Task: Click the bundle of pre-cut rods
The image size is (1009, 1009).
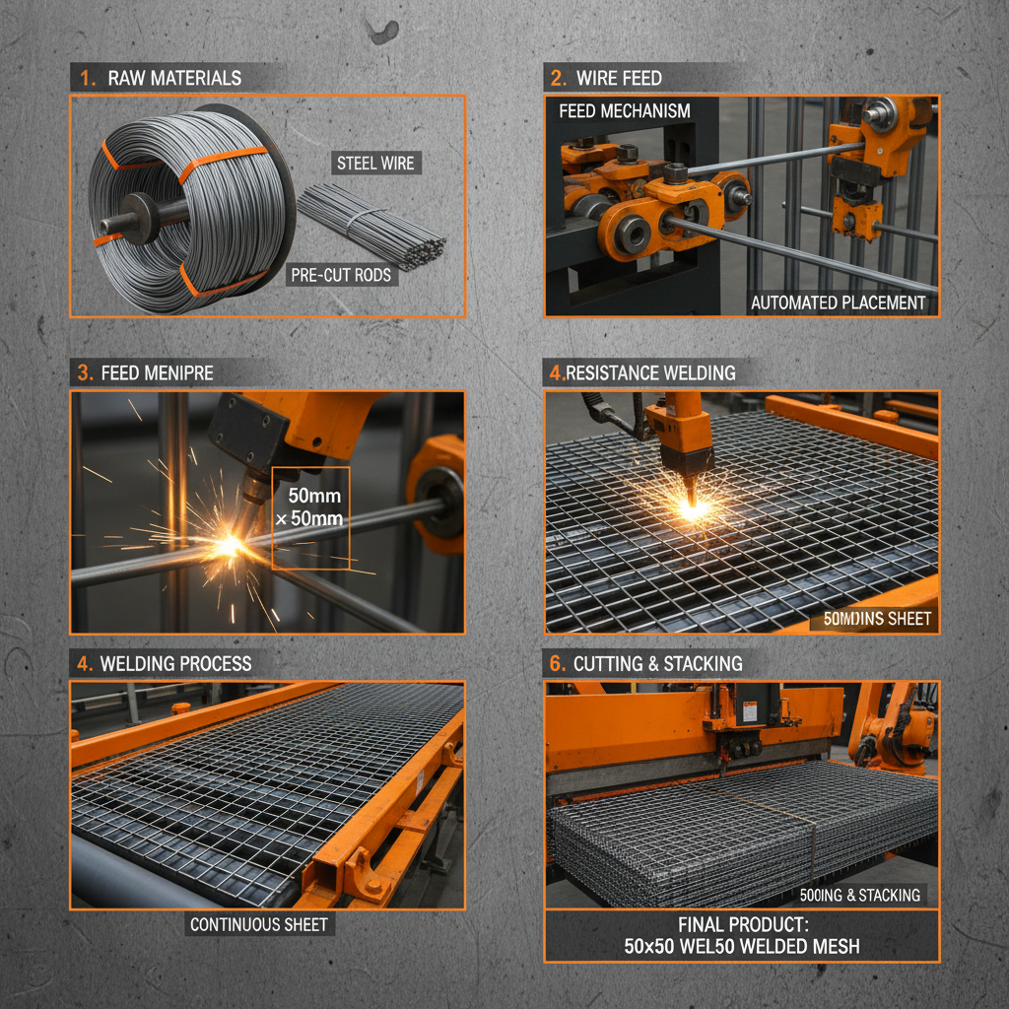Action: tap(370, 225)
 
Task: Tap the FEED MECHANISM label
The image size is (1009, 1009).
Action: tap(625, 111)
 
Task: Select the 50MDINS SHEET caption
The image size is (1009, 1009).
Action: tap(870, 620)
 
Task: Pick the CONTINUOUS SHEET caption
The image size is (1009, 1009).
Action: tap(259, 924)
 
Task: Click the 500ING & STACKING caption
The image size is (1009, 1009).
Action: tap(860, 895)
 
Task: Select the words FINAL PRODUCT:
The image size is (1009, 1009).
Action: tap(741, 925)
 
